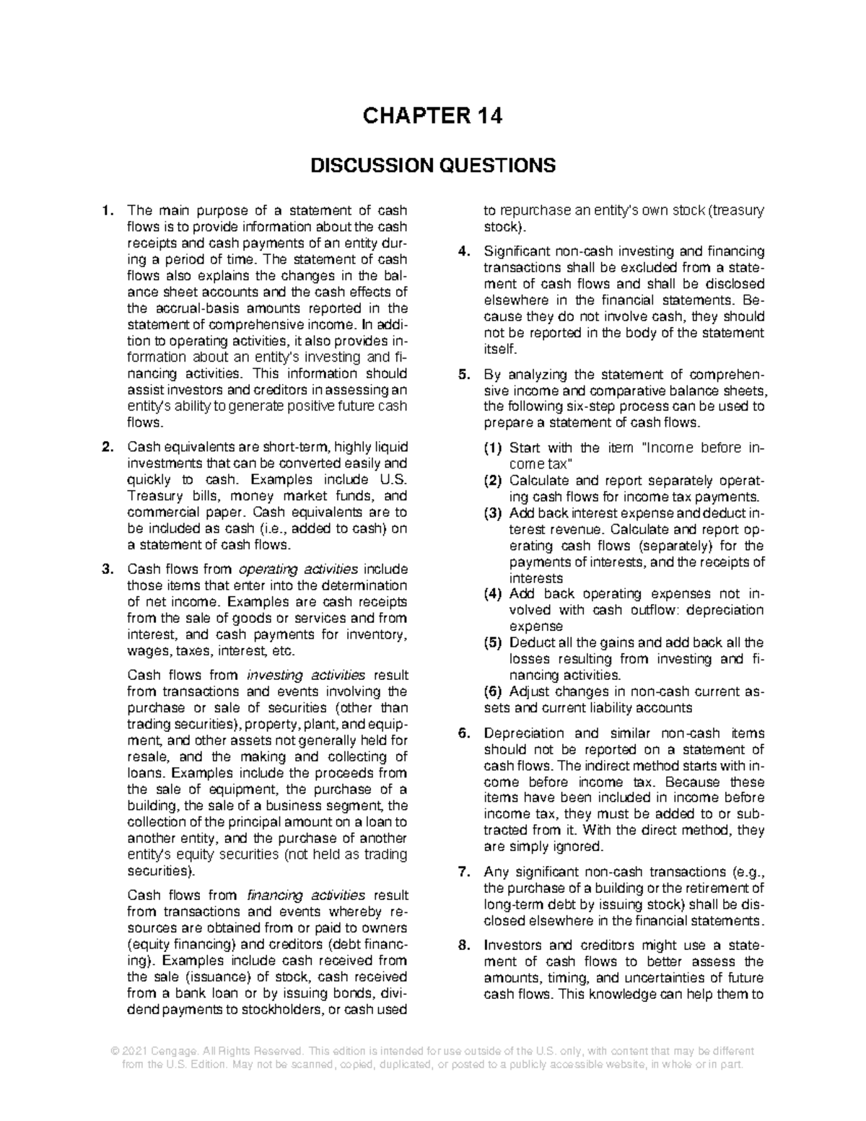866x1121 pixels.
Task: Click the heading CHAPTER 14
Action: coord(432,115)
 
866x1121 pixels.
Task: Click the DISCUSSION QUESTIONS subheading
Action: coord(432,166)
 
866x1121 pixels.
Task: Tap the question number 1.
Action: coord(107,211)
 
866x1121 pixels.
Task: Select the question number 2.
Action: coord(107,448)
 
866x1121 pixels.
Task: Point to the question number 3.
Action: coord(107,569)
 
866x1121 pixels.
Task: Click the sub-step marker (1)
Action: coord(493,448)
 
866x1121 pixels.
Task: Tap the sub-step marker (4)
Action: coord(493,594)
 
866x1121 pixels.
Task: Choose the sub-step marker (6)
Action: coord(493,692)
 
